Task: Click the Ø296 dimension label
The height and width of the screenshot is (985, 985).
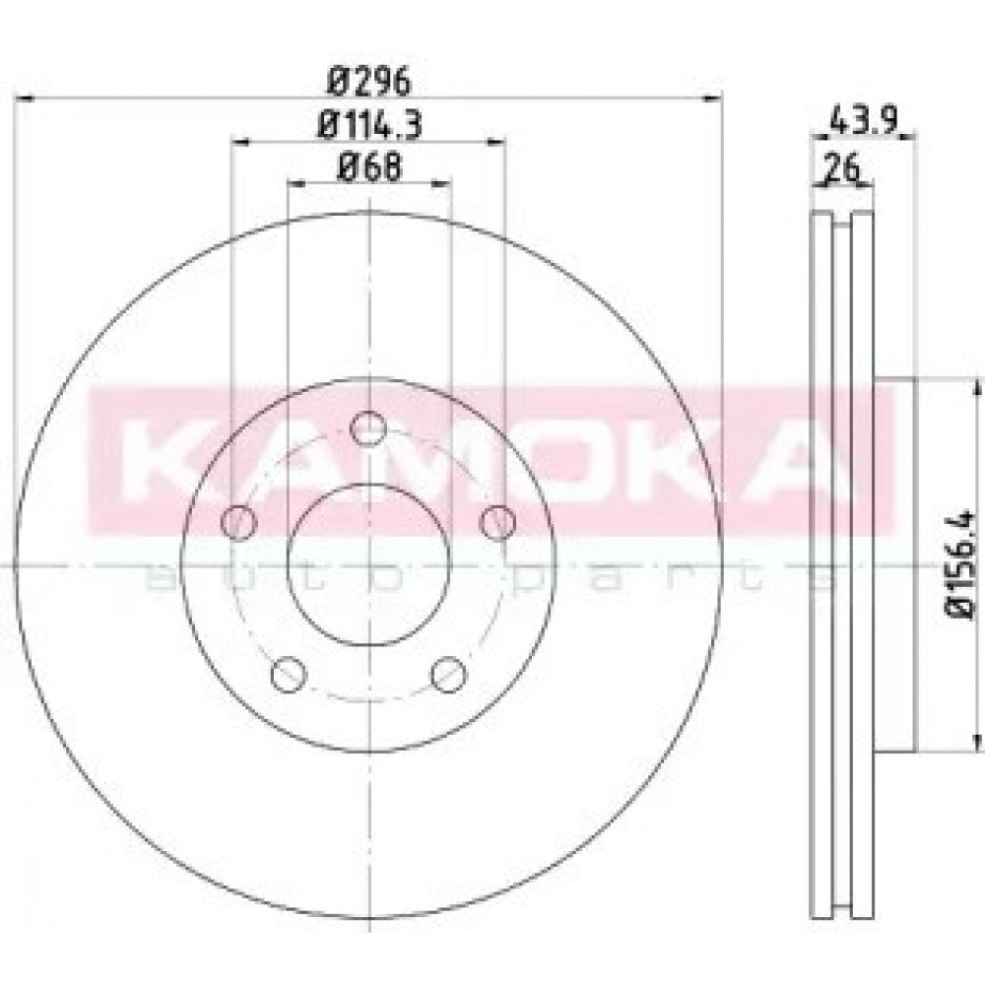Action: [368, 81]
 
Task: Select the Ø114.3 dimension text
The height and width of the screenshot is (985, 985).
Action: [369, 124]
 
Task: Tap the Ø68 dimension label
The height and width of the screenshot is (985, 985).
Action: [369, 166]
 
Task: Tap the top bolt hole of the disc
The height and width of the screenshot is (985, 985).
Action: [368, 429]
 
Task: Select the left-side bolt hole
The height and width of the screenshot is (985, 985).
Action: [238, 522]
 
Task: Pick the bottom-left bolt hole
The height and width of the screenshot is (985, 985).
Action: [289, 674]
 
